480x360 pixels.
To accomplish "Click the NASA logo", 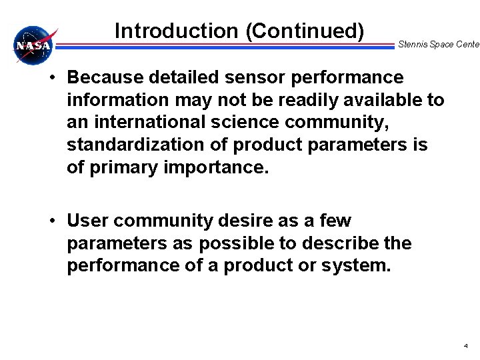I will [34, 46].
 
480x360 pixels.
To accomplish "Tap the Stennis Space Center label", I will [438, 45].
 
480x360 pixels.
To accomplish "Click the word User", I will [87, 221].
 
